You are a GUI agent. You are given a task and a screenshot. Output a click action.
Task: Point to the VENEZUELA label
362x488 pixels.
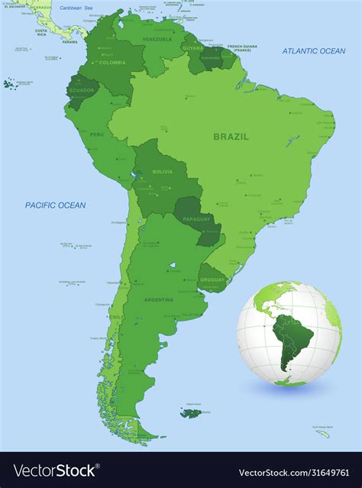tap(157, 39)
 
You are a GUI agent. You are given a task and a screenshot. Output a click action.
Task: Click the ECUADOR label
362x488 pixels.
tap(82, 90)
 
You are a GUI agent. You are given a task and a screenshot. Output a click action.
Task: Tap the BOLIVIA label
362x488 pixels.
tap(162, 172)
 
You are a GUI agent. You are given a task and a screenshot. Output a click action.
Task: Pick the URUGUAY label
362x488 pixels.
tap(214, 279)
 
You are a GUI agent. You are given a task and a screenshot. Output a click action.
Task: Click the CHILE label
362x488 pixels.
tap(116, 316)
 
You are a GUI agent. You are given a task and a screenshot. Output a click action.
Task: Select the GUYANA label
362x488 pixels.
tap(192, 48)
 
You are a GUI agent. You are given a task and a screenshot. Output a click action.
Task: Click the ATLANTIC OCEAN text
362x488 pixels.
tap(313, 51)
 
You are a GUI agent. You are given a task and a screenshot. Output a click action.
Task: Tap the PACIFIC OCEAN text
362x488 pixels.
tap(55, 205)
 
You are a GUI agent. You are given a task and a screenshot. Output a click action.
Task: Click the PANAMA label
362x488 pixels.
tap(70, 42)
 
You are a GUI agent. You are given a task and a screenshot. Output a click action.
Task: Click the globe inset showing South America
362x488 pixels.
tap(289, 334)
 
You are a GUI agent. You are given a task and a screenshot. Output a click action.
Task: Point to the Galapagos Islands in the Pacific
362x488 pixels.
tap(10, 82)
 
